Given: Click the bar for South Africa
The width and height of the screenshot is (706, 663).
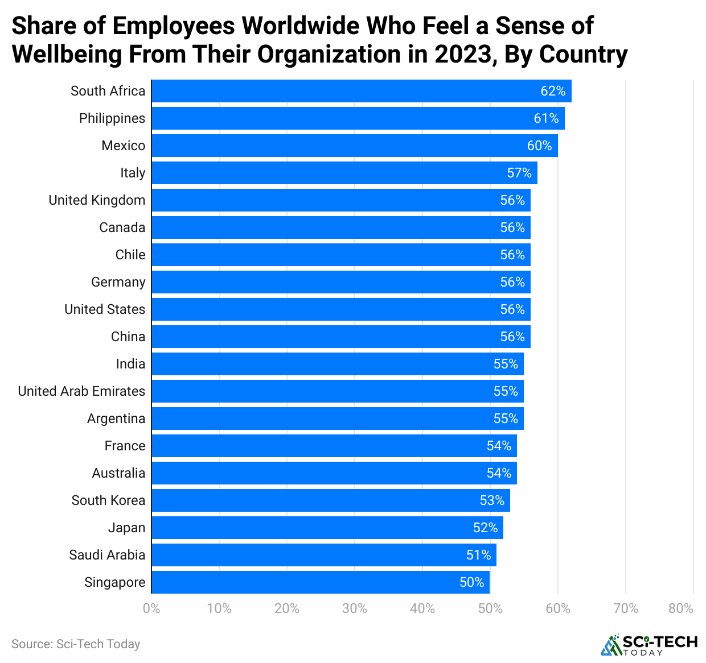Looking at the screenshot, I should coord(361,91).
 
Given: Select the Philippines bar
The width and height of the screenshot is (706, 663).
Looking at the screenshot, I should coord(358,118).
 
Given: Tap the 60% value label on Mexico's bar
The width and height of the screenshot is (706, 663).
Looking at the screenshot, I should coord(539,146).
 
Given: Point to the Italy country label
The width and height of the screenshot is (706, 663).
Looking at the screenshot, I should coord(133,173).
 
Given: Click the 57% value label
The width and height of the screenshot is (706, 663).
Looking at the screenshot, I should coord(519,173).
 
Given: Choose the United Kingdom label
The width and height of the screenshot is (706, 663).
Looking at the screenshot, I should coord(97,200).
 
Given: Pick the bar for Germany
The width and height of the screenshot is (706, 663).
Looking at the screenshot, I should coord(340,282).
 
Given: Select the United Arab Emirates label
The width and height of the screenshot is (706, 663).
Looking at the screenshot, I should coord(81,391).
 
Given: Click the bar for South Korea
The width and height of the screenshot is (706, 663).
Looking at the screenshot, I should coord(330,500).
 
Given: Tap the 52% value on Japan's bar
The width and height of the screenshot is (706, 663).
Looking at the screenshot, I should coord(485,528).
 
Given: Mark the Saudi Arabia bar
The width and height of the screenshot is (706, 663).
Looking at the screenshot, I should coord(323,555).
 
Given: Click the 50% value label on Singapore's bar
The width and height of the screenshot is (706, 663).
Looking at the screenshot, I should coord(471,582).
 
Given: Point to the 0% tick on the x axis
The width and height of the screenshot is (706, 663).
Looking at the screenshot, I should coord(151,608).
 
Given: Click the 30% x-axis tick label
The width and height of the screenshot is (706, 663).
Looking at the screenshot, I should coord(354,608).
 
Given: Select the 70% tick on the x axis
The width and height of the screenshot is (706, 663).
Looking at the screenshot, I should coord(625,608).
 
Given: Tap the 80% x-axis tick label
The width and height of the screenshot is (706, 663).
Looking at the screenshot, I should coord(681,608).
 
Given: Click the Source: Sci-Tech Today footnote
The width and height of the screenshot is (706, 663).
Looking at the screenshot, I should coord(76,644).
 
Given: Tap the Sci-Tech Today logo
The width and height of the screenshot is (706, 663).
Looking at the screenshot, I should coord(648,645).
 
